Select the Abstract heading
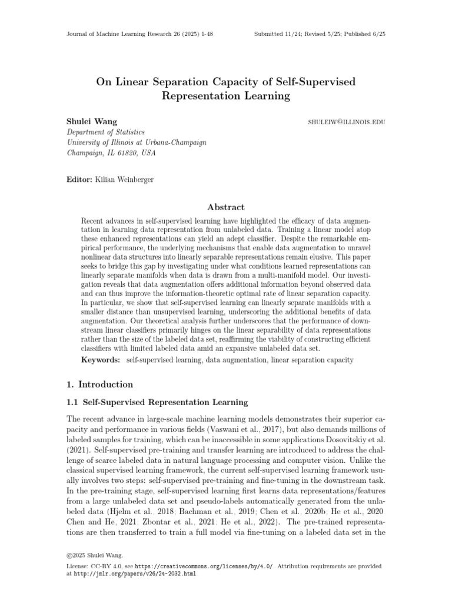226,207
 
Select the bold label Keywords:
101,359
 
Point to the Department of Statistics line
105,132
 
